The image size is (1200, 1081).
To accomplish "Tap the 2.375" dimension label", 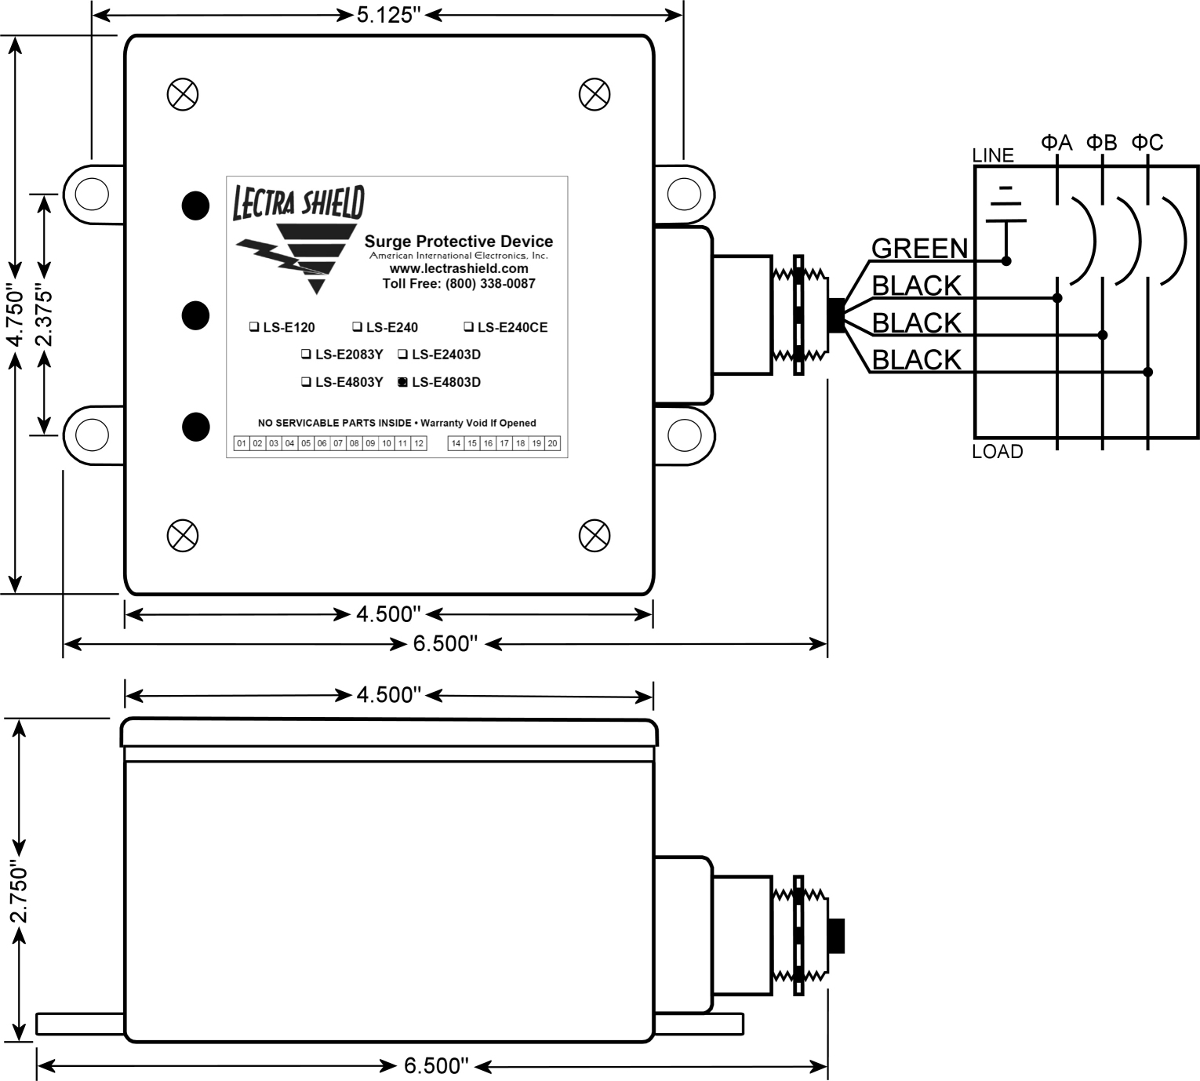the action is [44, 318].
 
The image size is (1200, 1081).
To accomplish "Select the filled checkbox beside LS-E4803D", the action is [402, 382].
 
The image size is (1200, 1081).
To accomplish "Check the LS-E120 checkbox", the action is [253, 327].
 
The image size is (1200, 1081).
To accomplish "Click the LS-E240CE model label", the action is [512, 327].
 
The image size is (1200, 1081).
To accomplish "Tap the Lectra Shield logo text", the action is [299, 202].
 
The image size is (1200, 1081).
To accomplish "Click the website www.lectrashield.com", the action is [459, 269].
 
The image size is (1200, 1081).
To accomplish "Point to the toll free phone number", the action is [459, 284].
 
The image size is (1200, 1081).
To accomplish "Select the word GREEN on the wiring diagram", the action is [919, 248].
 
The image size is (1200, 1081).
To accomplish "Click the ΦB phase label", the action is [1101, 143].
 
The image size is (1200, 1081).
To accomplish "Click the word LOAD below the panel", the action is [997, 451].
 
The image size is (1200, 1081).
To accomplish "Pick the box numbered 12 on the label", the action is [419, 443].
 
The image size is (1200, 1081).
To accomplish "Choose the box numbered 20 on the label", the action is [552, 443].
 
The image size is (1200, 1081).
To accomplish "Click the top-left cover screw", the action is [183, 95].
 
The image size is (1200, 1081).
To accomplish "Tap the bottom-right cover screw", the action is [595, 535].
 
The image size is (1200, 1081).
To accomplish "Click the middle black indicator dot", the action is [195, 315].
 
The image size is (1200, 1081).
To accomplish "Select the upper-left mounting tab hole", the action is [92, 195].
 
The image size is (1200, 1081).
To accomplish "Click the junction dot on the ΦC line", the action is [1147, 373].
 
